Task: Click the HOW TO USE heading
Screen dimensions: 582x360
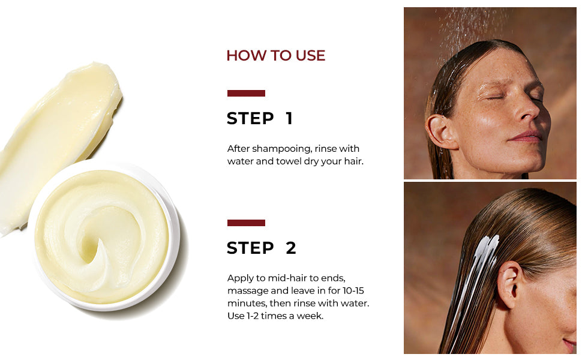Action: pyautogui.click(x=276, y=56)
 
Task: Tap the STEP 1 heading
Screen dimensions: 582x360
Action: pyautogui.click(x=260, y=118)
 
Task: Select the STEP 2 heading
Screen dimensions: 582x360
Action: pyautogui.click(x=262, y=248)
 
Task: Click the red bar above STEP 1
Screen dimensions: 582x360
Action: pyautogui.click(x=246, y=93)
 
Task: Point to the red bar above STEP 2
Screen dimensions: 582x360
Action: pyautogui.click(x=246, y=223)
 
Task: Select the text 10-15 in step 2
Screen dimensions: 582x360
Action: pyautogui.click(x=353, y=290)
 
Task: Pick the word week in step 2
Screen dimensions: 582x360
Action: pyautogui.click(x=312, y=316)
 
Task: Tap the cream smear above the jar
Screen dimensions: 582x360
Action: pyautogui.click(x=56, y=137)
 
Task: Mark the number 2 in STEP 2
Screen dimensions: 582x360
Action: pyautogui.click(x=291, y=248)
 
